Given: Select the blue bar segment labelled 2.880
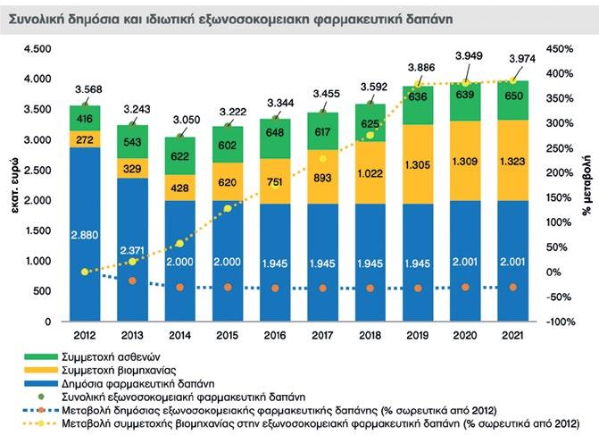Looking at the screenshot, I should [x=86, y=235].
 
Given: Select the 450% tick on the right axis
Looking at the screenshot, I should [x=560, y=49].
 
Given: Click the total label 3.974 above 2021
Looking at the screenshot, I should [x=512, y=59].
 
